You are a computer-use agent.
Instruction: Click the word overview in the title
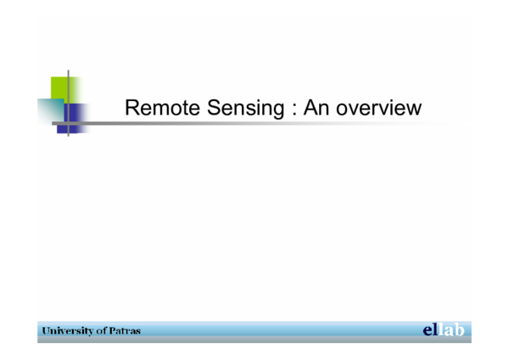pyautogui.click(x=372, y=109)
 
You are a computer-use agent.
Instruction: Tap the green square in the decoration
pyautogui.click(x=64, y=88)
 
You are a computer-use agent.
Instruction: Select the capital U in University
pyautogui.click(x=44, y=330)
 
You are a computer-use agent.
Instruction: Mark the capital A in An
pyautogui.click(x=298, y=109)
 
